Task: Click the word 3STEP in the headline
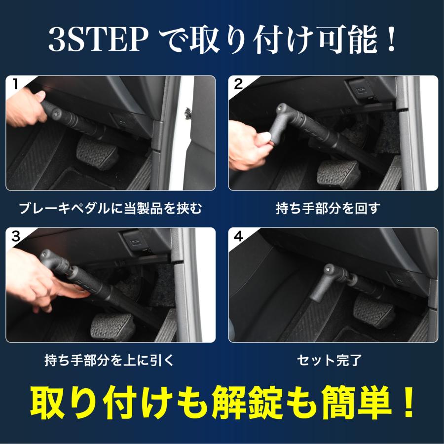click(96, 42)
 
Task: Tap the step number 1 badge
click(15, 84)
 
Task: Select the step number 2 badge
click(238, 84)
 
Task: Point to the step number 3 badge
click(15, 236)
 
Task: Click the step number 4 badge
click(238, 236)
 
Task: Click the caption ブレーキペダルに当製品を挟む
click(111, 209)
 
